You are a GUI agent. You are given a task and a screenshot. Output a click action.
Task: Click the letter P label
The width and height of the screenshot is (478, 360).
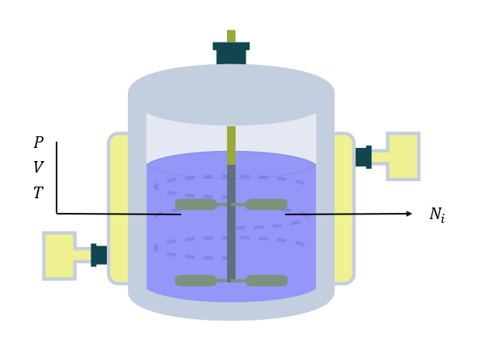click(x=38, y=143)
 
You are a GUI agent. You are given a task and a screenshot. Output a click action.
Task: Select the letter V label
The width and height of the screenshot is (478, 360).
click(x=38, y=168)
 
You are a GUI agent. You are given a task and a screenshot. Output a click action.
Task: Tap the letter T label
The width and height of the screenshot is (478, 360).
click(x=38, y=194)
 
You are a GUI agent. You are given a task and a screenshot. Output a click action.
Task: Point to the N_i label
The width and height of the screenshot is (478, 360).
click(x=437, y=215)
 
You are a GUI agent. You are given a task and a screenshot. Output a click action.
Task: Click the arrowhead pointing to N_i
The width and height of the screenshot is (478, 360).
click(x=408, y=214)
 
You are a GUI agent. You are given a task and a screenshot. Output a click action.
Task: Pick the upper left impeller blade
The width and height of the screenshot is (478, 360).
click(x=195, y=204)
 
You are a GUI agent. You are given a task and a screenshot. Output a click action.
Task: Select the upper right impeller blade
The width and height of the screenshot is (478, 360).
click(x=267, y=204)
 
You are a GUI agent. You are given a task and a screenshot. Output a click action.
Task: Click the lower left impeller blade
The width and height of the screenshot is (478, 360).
click(x=195, y=280)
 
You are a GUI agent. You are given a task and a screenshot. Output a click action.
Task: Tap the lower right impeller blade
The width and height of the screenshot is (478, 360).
click(x=267, y=280)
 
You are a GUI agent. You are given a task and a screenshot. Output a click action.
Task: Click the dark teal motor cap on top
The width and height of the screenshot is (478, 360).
click(x=231, y=53)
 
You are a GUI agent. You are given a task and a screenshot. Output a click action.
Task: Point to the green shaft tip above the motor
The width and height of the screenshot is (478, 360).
click(x=231, y=36)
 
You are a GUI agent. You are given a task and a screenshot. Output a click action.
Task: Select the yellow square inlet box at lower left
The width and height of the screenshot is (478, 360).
click(x=59, y=255)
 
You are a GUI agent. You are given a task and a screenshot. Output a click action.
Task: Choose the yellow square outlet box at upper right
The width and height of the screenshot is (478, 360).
click(x=403, y=156)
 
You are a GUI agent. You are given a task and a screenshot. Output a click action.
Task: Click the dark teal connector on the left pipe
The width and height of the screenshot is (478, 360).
click(x=98, y=255)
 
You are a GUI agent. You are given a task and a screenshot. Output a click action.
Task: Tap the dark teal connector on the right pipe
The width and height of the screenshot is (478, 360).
click(x=363, y=157)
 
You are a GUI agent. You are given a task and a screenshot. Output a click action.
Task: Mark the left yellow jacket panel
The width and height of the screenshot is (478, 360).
click(x=119, y=209)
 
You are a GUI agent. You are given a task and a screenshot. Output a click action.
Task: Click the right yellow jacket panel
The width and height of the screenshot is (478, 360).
click(x=343, y=209)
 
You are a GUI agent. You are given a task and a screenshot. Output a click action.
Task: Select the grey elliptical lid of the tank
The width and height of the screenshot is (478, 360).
click(x=231, y=93)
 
